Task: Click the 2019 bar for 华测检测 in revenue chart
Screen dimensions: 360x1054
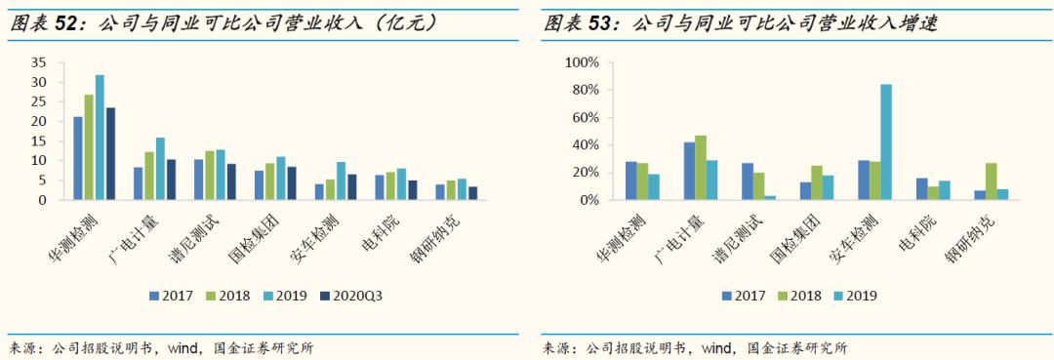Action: [x=100, y=138]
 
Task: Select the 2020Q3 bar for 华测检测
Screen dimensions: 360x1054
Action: [x=110, y=153]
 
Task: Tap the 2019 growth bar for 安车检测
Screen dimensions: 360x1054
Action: [x=886, y=142]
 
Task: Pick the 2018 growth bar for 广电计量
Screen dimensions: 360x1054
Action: [x=701, y=168]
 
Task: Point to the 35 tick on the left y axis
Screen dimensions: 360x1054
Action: [x=38, y=62]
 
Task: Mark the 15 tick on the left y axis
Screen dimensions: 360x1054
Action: [x=38, y=140]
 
